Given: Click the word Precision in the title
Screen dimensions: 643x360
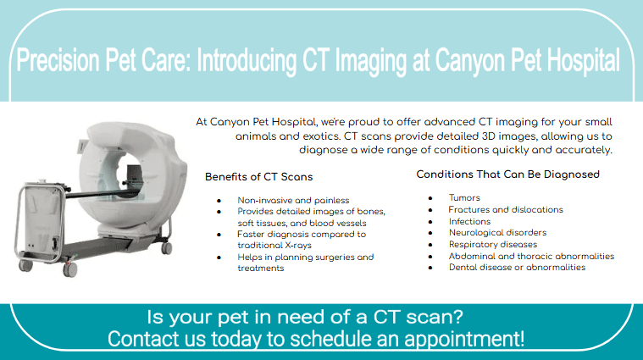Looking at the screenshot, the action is [58, 61].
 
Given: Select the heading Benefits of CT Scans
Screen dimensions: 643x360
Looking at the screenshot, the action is [258, 177].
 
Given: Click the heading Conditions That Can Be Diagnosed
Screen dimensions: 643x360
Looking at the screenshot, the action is [507, 174].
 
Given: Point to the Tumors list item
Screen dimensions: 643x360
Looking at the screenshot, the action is [464, 197].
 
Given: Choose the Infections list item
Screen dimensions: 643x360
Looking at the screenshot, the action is [469, 221].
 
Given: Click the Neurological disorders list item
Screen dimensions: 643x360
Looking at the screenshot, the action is [497, 232].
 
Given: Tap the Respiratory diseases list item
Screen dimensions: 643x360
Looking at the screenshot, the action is [493, 244].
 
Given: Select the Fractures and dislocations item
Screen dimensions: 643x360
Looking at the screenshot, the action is [506, 209].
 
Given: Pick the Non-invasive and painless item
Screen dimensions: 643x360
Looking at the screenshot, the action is [293, 200].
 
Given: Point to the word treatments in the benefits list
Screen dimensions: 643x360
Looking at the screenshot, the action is [261, 269].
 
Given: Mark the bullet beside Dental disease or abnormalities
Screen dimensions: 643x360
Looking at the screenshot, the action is [430, 269].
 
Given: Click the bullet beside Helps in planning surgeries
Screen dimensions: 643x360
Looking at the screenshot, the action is [219, 258].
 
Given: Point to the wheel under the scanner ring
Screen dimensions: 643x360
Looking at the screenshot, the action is [167, 247].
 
